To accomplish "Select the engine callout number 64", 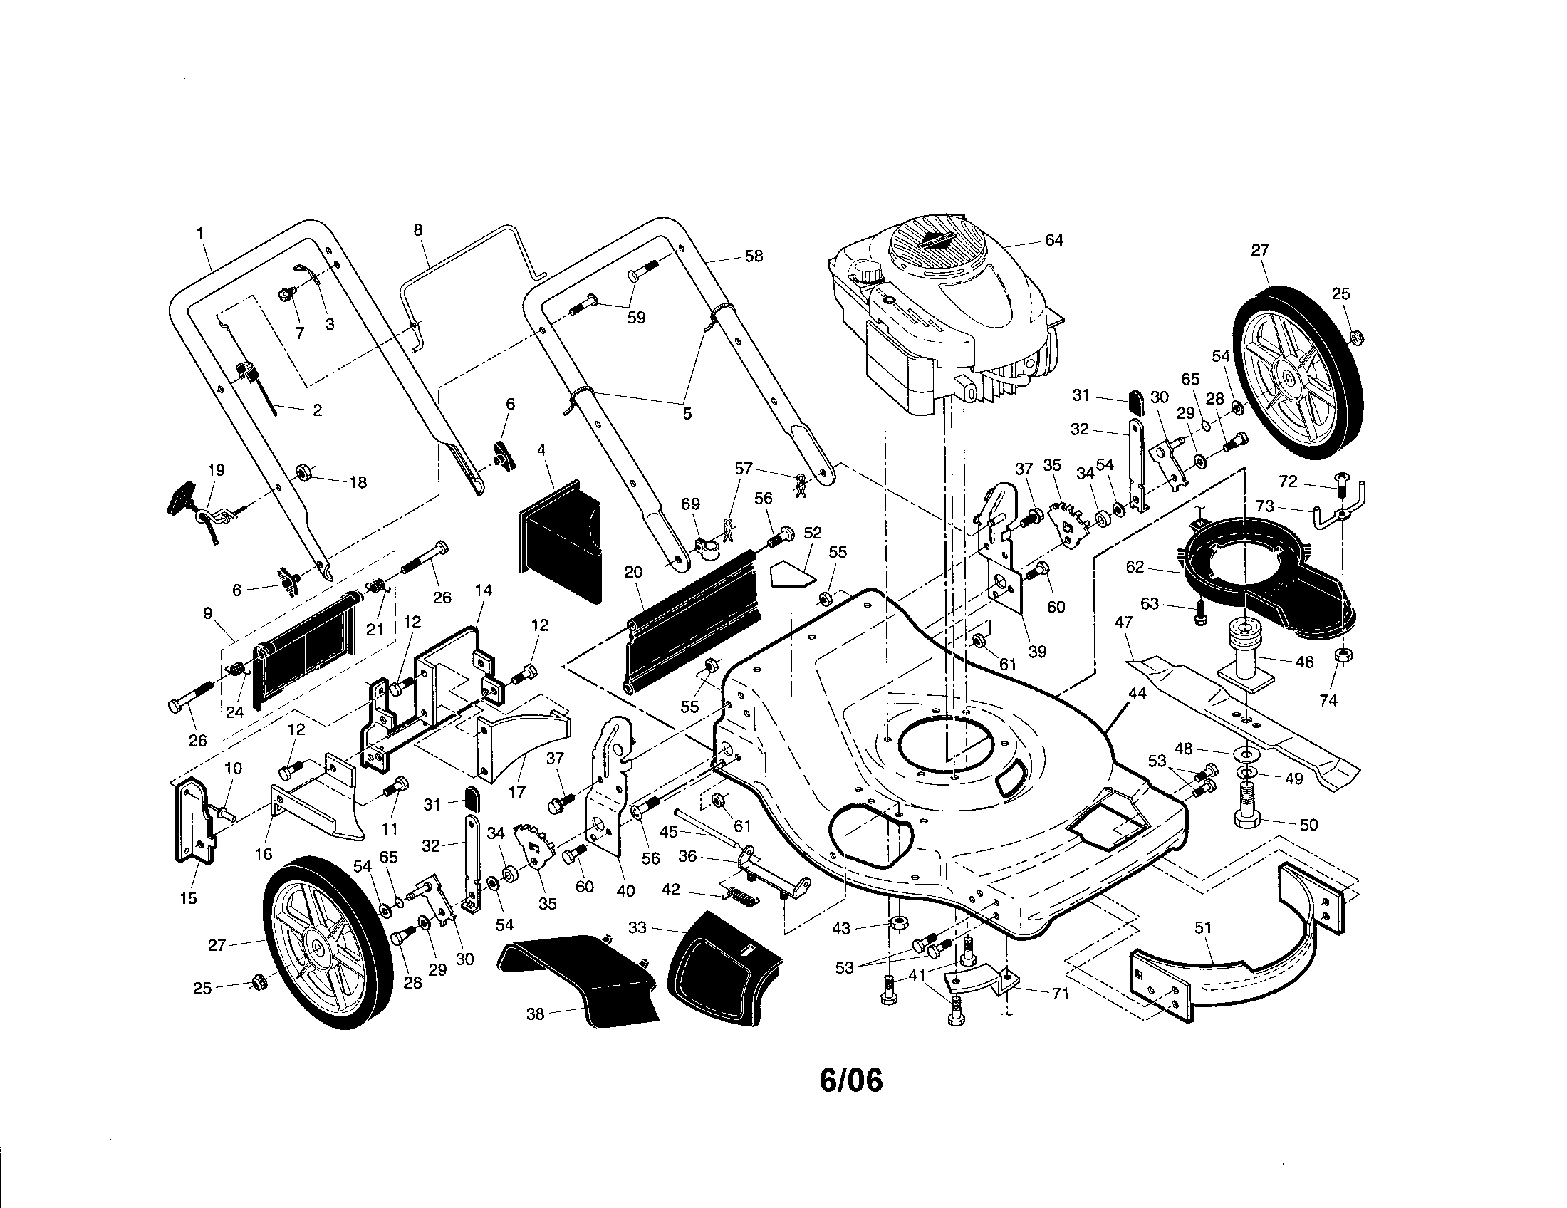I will point(1053,240).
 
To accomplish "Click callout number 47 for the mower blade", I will point(1123,623).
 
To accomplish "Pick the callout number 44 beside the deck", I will point(1137,694).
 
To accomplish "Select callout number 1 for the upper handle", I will point(200,233).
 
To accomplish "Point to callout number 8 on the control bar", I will point(418,230).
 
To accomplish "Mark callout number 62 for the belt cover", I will point(1135,567).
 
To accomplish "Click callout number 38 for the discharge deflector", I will point(535,1014).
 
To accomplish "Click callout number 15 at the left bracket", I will point(188,898).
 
